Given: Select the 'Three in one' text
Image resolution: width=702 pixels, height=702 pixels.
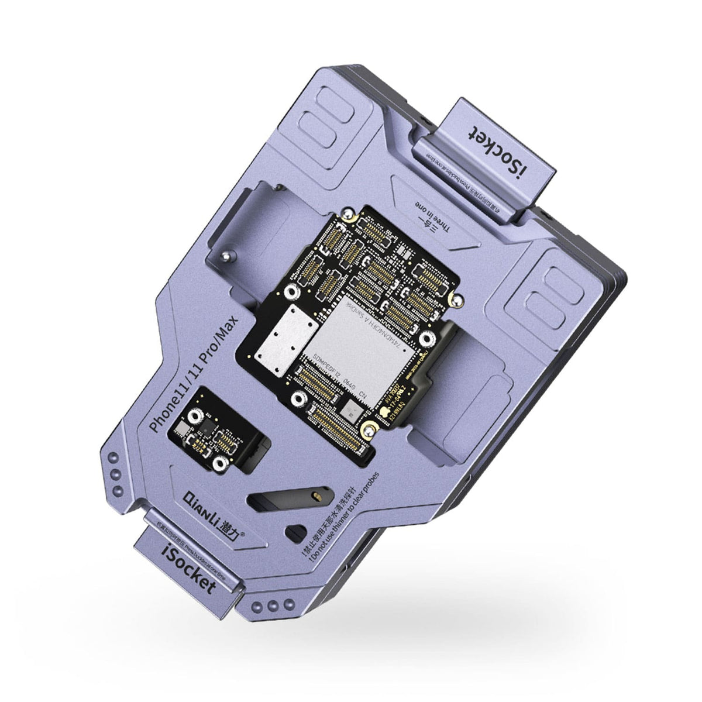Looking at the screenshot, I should click(431, 216).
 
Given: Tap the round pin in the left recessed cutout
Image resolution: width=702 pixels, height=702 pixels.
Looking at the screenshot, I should click(226, 256).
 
